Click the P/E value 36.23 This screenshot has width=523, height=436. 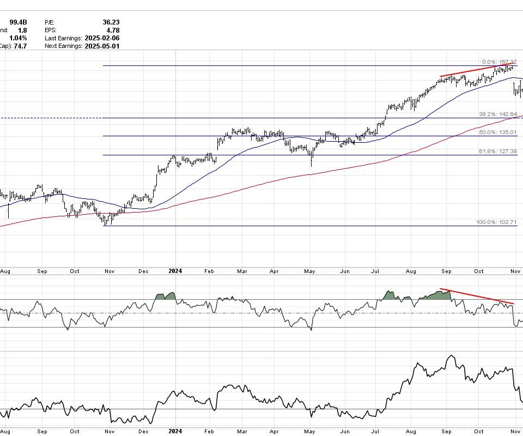coord(111,22)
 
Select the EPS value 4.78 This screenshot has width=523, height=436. coord(112,31)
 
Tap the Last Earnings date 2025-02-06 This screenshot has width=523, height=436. coord(102,38)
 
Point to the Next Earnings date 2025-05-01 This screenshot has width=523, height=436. coord(102,46)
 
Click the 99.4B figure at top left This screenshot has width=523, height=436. coord(18,22)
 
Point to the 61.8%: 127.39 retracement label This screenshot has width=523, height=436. coord(497,152)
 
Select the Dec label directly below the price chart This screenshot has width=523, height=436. coord(144,271)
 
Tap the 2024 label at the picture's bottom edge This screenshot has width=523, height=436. coord(175,431)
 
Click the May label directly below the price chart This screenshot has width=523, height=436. coord(310,271)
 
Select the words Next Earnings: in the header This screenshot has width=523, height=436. coord(63,46)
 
